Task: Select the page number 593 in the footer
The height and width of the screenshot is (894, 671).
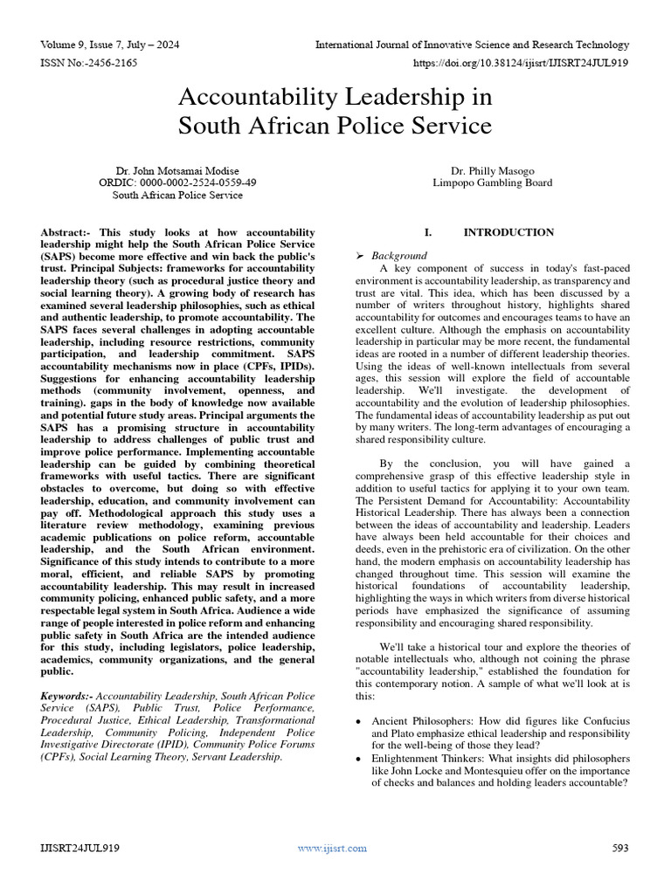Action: pyautogui.click(x=619, y=848)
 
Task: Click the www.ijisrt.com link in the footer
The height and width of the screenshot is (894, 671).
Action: pyautogui.click(x=332, y=848)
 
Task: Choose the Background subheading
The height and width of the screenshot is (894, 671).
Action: pyautogui.click(x=399, y=256)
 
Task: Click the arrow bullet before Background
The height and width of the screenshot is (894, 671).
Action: pyautogui.click(x=359, y=256)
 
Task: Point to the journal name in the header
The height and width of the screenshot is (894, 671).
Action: pyautogui.click(x=472, y=45)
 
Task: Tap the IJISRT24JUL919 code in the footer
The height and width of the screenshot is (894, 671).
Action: pyautogui.click(x=80, y=848)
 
